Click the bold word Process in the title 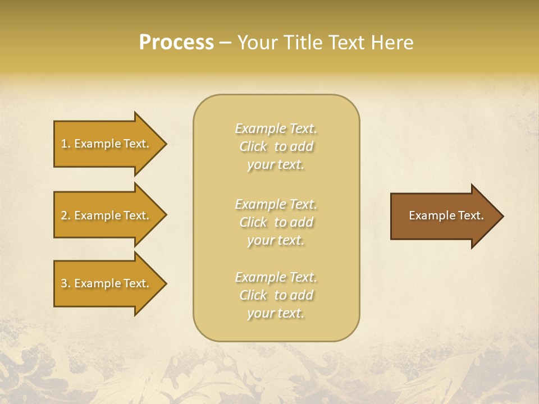[x=176, y=43]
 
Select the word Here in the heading [x=391, y=43]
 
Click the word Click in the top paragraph [x=253, y=146]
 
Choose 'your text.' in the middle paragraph [x=276, y=240]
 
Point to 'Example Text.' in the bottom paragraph [x=276, y=277]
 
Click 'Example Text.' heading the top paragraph [x=276, y=128]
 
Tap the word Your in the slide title [x=256, y=43]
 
